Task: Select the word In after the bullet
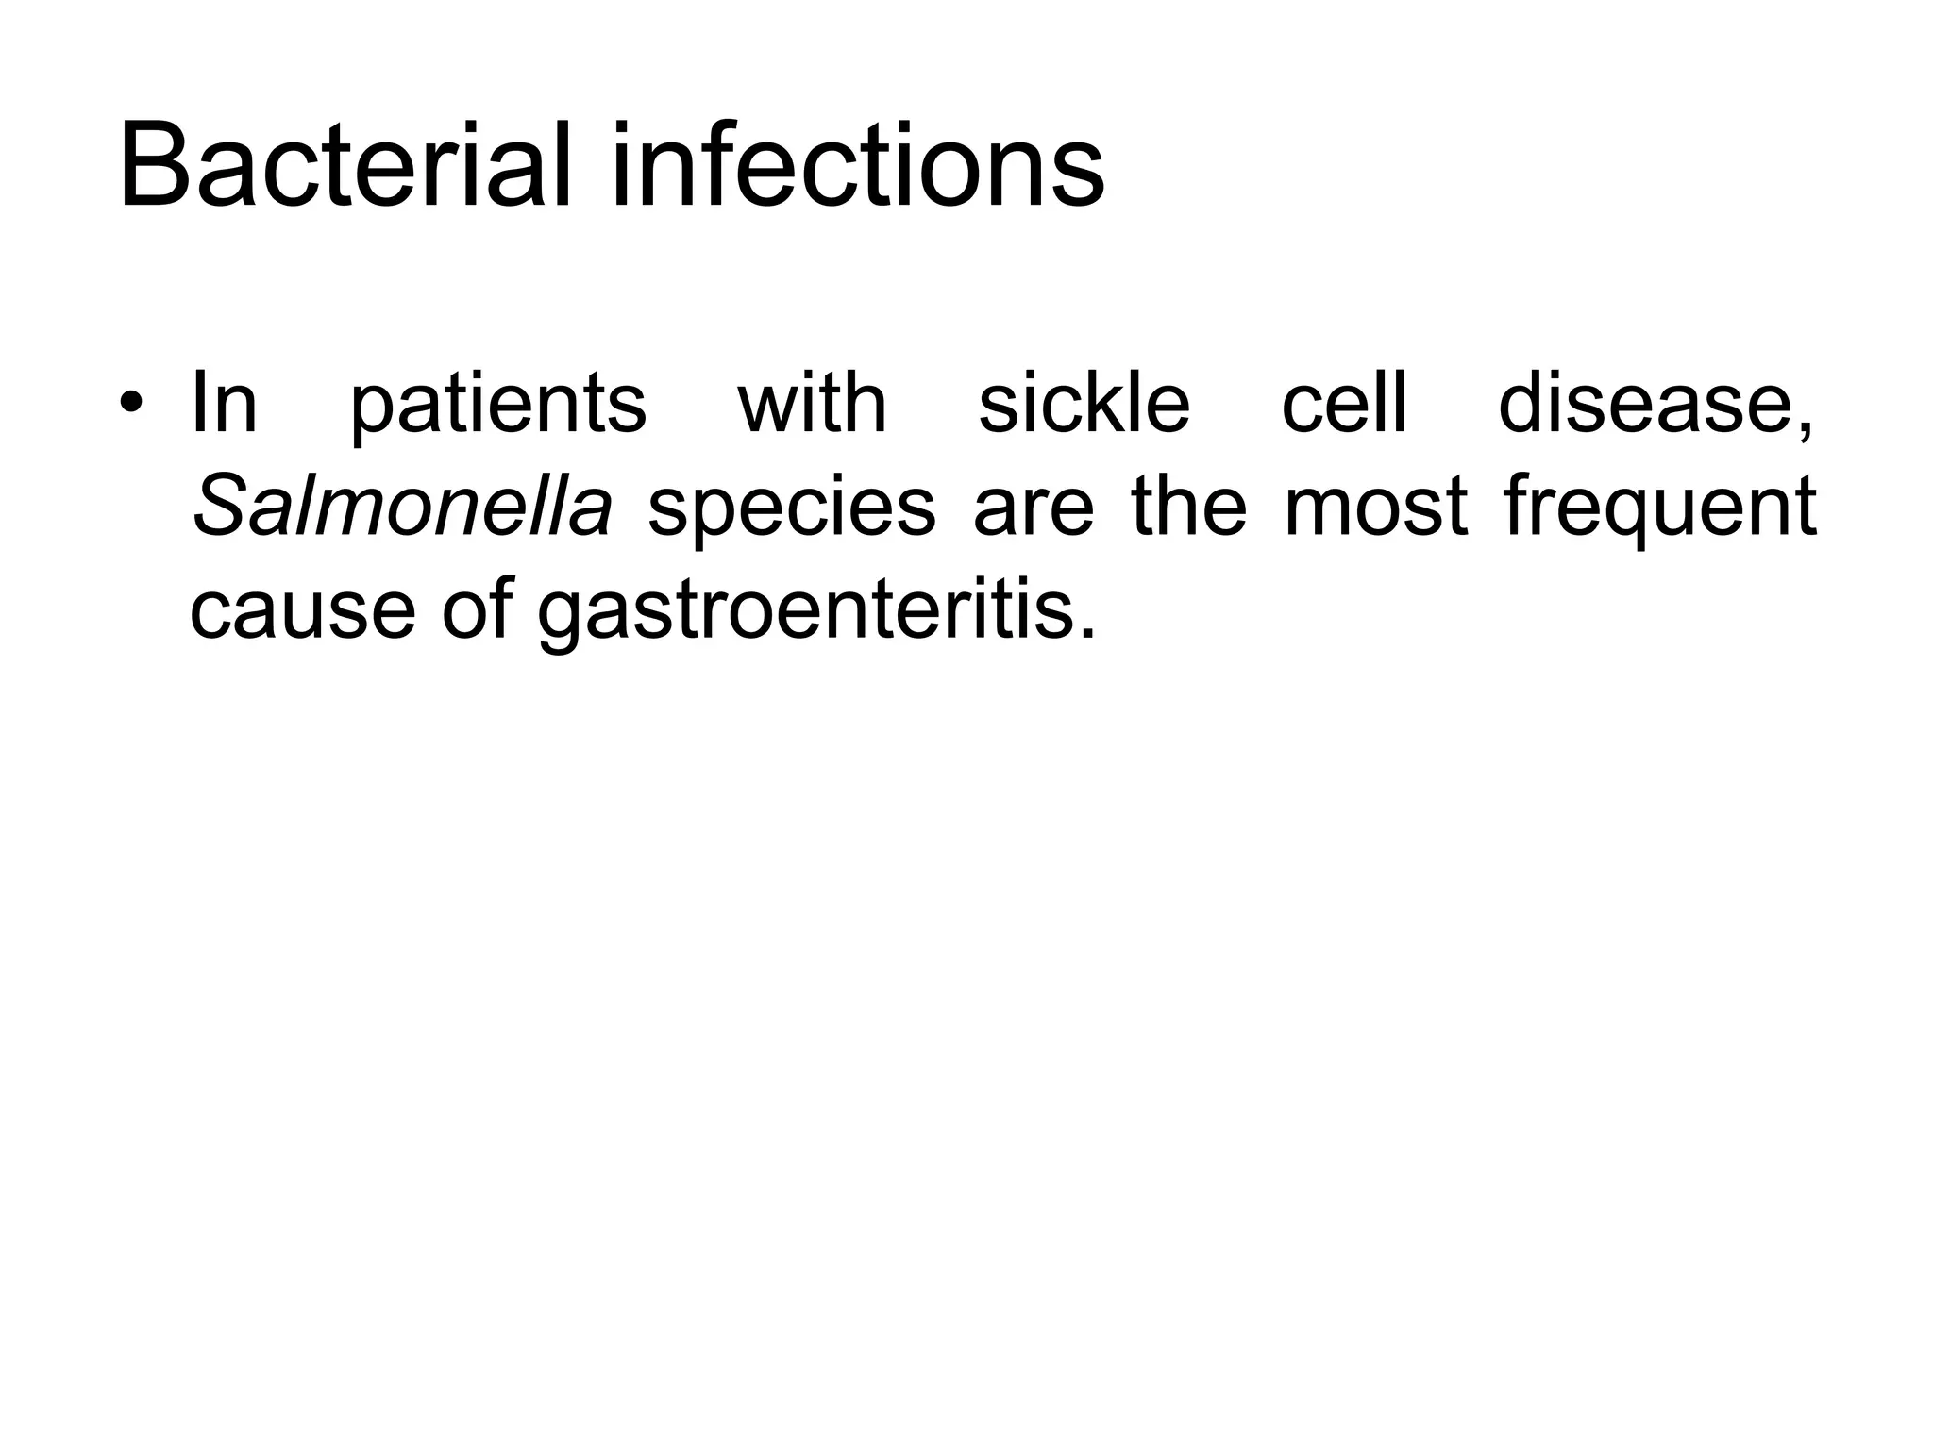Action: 224,404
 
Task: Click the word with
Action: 812,404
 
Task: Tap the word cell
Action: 1344,404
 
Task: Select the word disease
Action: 1647,404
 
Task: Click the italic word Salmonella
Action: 402,507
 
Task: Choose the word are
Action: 1034,509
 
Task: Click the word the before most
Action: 1189,507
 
